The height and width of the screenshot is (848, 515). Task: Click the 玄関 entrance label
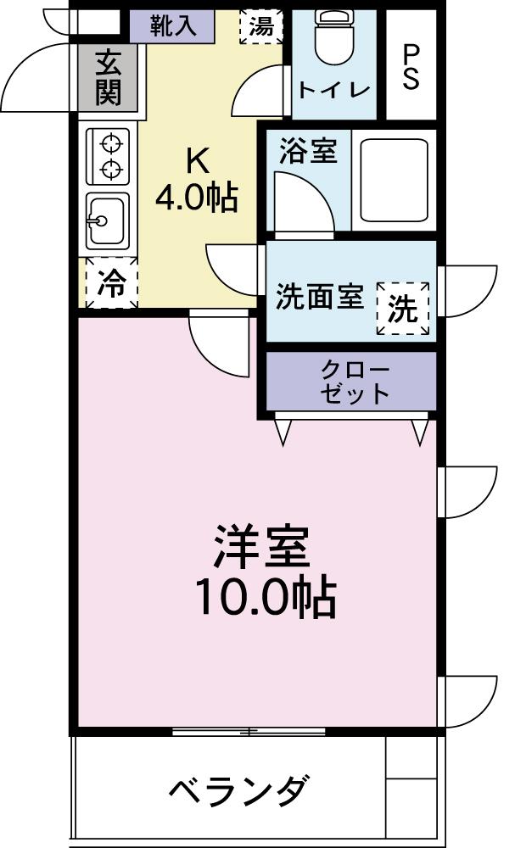coord(107,77)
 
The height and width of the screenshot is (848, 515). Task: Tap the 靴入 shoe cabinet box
coord(173,25)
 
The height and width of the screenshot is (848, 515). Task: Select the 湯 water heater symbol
coord(261,27)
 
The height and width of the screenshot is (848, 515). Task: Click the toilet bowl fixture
coord(333,39)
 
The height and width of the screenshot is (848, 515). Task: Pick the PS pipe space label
coord(411,67)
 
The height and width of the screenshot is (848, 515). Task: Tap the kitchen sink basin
coord(107,220)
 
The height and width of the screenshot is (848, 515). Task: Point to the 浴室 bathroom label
coord(307,152)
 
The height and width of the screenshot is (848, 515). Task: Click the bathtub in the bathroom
coord(394,180)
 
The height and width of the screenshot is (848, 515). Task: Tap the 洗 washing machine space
coord(403,309)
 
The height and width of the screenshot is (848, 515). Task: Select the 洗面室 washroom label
coord(319,298)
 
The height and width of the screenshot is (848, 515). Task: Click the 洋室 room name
coord(260,548)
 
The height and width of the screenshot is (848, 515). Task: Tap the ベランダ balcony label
coord(237,792)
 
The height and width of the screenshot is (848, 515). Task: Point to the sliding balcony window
coord(249,731)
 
